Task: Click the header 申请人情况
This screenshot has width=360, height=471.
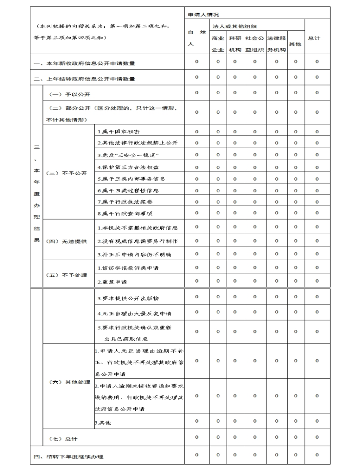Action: click(203, 15)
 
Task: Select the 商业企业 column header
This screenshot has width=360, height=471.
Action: click(218, 43)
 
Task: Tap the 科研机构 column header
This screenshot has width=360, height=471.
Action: click(235, 43)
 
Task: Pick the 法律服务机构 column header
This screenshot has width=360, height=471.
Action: click(276, 43)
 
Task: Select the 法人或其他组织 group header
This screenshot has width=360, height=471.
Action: click(234, 26)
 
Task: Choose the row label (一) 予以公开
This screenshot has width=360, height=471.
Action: click(68, 94)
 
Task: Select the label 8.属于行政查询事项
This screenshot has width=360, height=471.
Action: click(125, 213)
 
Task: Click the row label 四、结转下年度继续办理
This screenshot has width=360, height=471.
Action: click(69, 457)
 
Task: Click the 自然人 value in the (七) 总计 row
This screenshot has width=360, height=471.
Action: click(196, 438)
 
